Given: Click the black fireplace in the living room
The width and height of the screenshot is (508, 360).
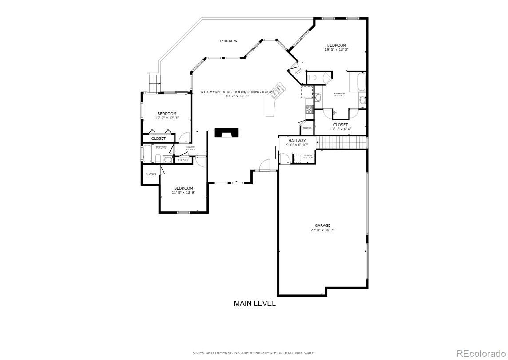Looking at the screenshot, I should tap(226, 133).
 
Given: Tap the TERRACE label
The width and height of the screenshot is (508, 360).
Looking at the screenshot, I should tap(227, 41).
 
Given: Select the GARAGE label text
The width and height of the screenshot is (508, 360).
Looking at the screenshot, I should tap(322, 225).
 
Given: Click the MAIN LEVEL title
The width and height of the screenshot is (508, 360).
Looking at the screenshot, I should tap(254, 304).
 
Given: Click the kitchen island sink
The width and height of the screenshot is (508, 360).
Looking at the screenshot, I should tap(278, 90).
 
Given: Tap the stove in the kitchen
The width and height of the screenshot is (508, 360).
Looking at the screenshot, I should tap(309, 109).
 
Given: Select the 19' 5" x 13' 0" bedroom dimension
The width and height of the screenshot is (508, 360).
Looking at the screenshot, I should tap(337, 50).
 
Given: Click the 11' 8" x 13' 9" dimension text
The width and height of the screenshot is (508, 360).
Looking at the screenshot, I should tap(183, 193).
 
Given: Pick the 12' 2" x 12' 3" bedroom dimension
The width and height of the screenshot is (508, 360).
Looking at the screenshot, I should tap(167, 118).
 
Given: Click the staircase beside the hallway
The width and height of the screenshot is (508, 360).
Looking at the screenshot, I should tap(342, 143).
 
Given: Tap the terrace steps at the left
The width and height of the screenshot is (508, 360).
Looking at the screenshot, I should tap(154, 83).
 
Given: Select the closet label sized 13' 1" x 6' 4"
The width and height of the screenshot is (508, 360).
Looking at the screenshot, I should tap(341, 129).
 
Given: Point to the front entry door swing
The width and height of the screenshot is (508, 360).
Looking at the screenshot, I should tap(265, 165).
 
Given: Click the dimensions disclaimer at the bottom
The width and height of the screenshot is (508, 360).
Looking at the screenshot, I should tap(253, 353).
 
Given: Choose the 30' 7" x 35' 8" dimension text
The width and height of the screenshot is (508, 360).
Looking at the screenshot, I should tap(237, 96).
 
